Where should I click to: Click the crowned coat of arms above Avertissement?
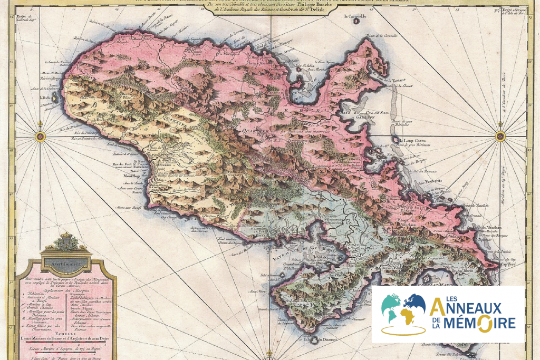click(66, 244)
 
